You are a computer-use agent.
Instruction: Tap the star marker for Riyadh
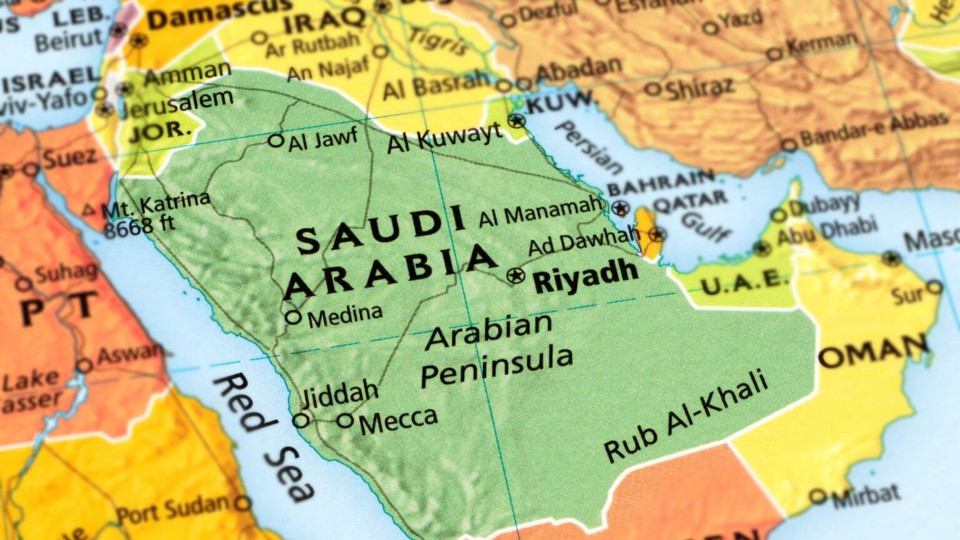tap(516, 275)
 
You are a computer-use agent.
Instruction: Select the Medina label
tap(344, 314)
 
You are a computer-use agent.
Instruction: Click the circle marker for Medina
tap(293, 317)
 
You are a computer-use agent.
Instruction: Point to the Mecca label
tap(398, 421)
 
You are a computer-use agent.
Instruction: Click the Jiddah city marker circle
tap(302, 420)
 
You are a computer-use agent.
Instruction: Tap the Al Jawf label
tap(322, 139)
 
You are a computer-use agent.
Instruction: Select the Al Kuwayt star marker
tap(517, 121)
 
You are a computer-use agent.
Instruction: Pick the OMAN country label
tap(873, 352)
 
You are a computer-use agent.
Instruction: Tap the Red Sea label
tap(262, 437)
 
